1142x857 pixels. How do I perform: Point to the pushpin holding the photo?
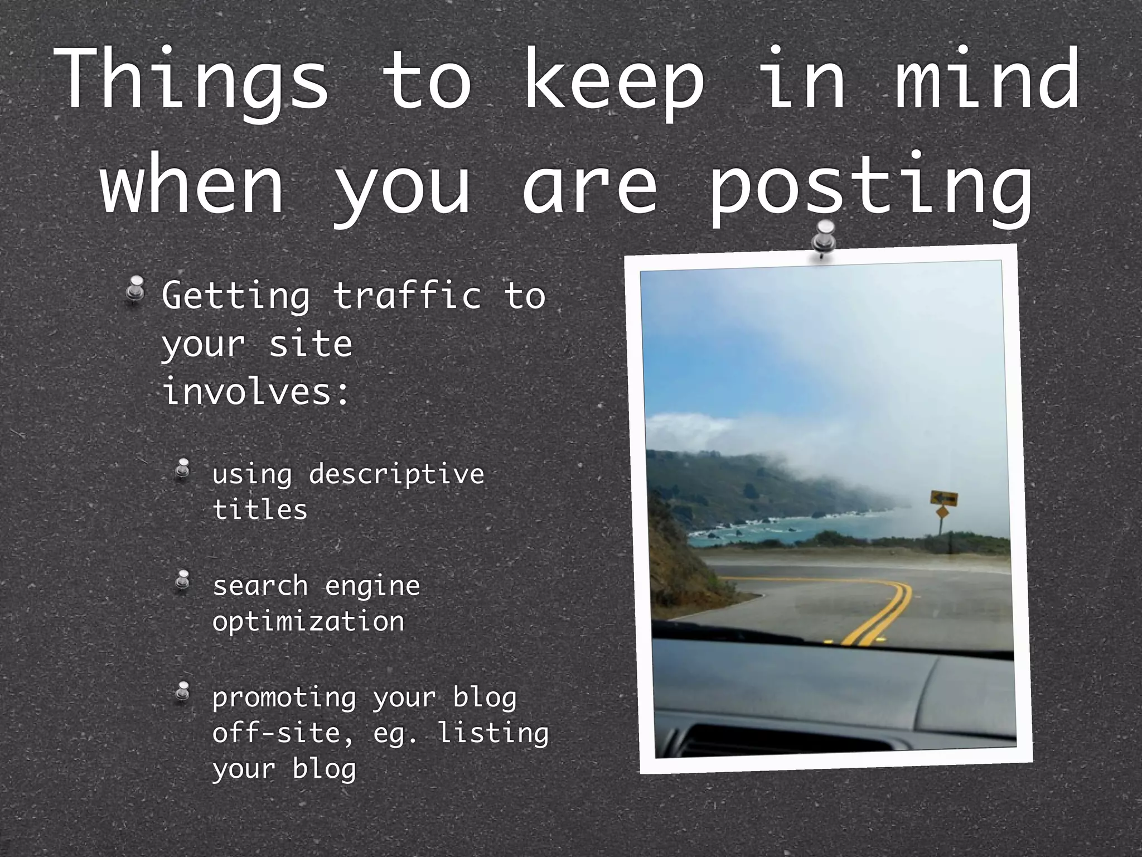(823, 238)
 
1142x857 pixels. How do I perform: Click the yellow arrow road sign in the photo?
(943, 498)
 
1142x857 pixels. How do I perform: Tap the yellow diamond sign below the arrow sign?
(942, 513)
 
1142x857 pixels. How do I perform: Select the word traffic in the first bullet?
(407, 295)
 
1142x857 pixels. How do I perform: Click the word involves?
(256, 391)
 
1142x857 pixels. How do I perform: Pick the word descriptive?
(396, 475)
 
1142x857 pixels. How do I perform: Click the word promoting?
(284, 698)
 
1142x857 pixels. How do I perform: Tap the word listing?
(493, 734)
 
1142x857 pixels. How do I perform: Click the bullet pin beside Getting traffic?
(135, 290)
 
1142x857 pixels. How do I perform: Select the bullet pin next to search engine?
(182, 581)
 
